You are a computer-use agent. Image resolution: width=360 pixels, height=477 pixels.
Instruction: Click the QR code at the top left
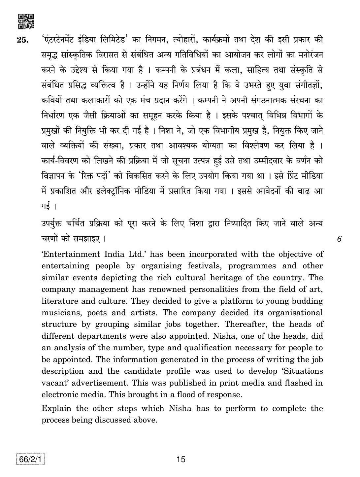point(26,21)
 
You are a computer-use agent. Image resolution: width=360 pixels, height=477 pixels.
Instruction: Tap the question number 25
point(23,40)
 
